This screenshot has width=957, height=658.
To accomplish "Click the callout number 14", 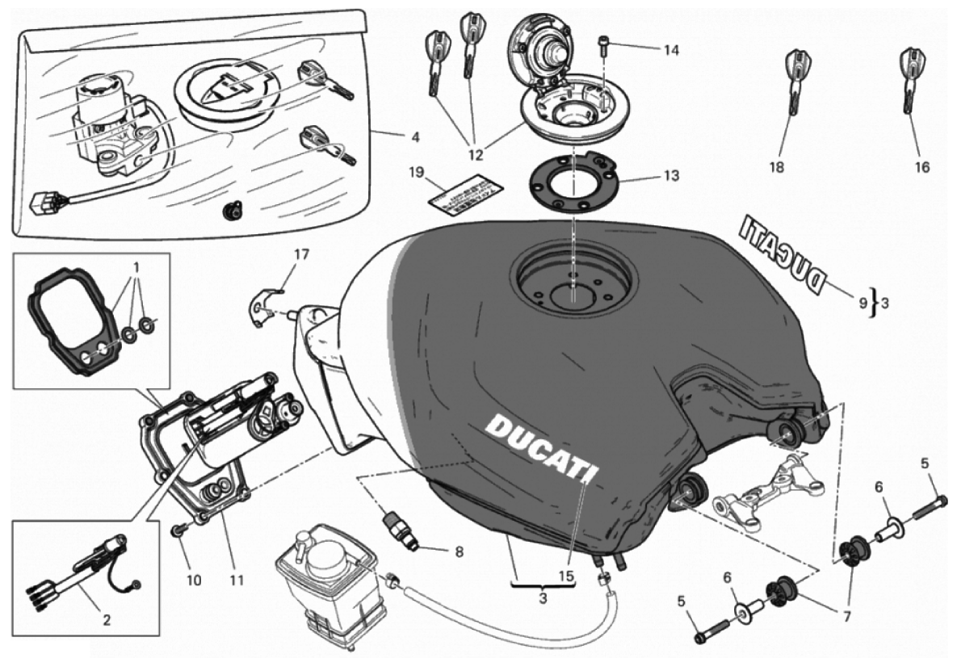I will (671, 50).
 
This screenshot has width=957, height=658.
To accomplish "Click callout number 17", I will (301, 255).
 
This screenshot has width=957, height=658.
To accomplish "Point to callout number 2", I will (107, 620).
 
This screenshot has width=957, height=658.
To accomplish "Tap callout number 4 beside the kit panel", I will (414, 136).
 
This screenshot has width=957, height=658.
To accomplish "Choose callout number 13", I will (671, 175).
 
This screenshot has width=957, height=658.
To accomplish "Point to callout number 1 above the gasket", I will (136, 267).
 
